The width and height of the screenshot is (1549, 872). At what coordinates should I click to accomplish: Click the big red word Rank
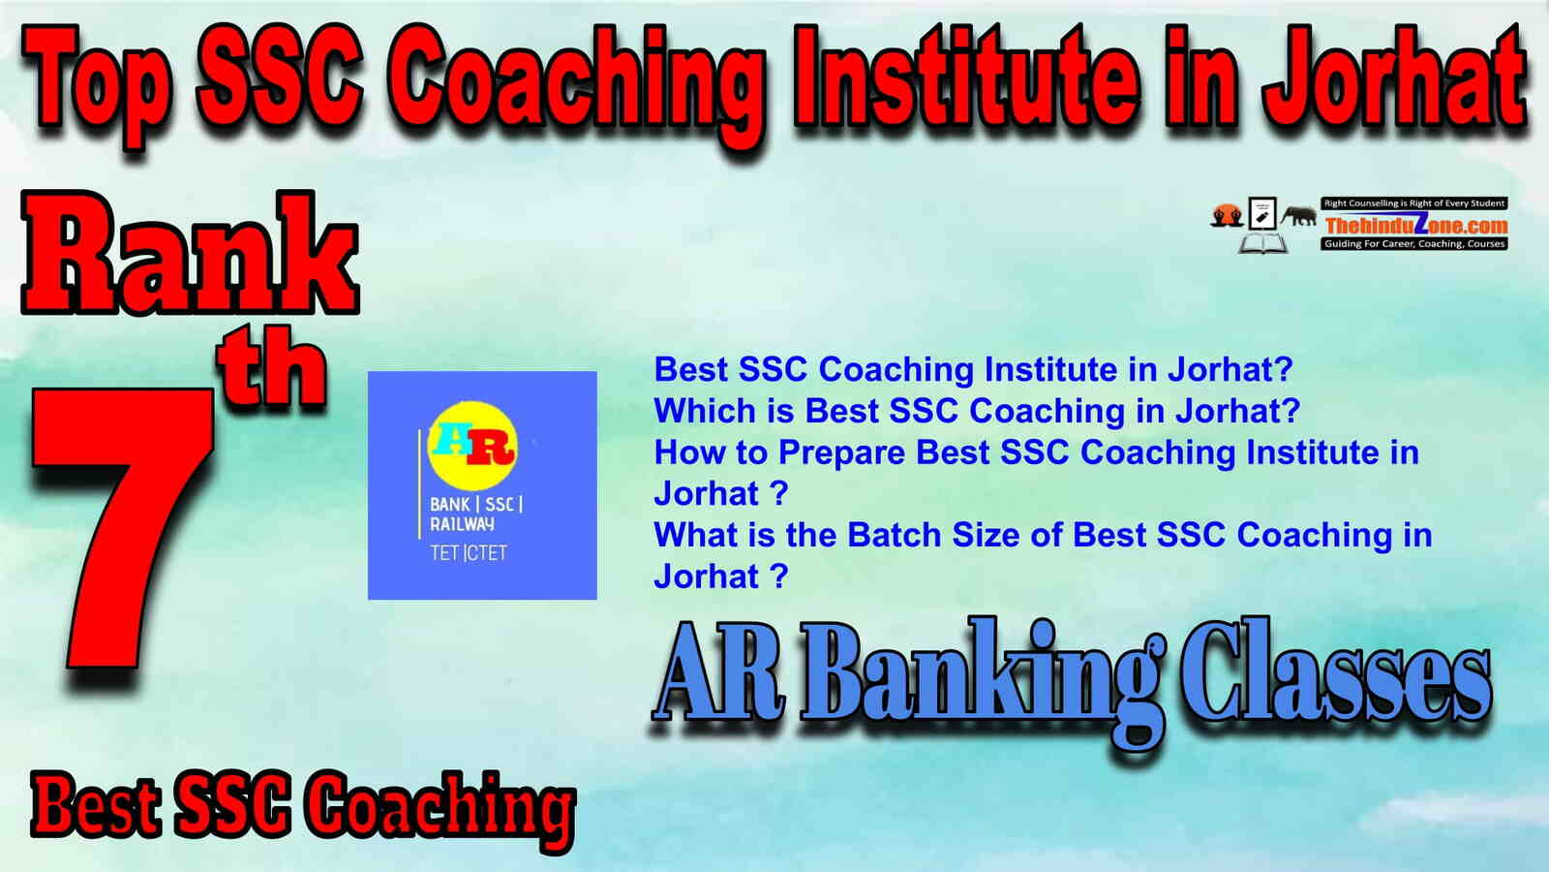pos(190,253)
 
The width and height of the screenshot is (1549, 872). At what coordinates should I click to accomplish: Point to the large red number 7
pos(125,533)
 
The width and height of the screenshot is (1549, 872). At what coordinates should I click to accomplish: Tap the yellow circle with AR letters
pos(472,446)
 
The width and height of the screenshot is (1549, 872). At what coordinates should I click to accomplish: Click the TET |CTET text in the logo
pos(469,553)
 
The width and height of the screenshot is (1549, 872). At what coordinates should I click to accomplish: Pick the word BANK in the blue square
pos(449,505)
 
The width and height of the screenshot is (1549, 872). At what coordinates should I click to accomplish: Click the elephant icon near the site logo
pos(1298,216)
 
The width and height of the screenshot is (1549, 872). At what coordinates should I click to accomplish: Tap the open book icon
pos(1262,243)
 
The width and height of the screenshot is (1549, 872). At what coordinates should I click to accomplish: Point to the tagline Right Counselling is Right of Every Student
pos(1414,203)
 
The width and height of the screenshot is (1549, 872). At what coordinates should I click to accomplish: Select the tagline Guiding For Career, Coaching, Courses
pos(1414,243)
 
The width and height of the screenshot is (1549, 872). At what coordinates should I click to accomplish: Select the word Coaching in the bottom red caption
pos(440,811)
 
